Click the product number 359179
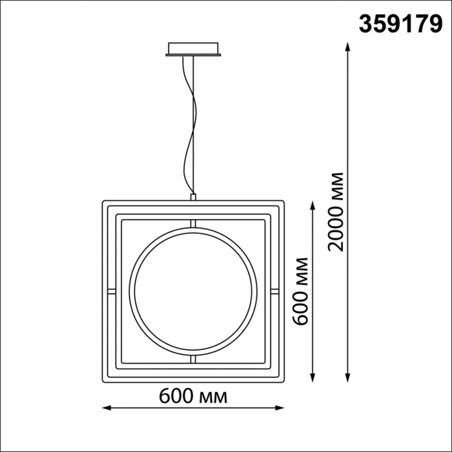pos(400,25)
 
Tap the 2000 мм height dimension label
pos(336,212)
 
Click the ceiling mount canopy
pos(193,49)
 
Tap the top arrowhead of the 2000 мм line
pos(347,46)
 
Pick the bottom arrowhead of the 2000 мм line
pos(347,378)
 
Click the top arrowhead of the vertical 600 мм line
pos(313,206)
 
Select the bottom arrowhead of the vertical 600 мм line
pos(313,378)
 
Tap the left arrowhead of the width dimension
pos(107,408)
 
